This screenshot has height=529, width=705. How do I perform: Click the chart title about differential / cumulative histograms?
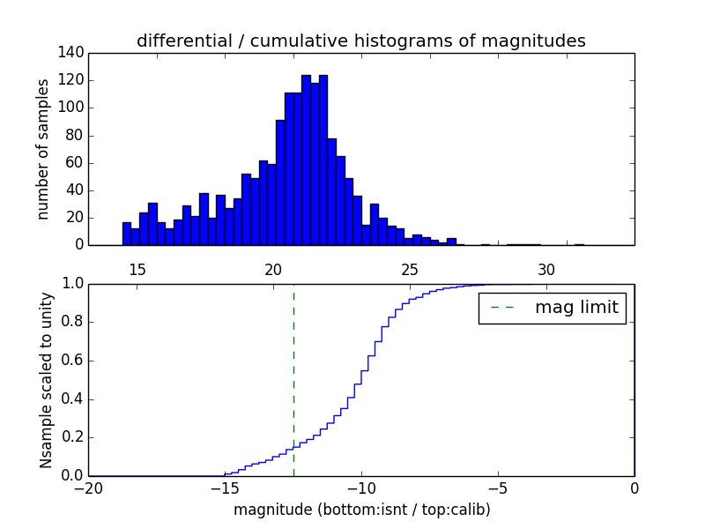click(x=360, y=41)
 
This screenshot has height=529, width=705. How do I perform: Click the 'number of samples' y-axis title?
click(x=43, y=149)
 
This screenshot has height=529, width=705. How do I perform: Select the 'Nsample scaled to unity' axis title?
click(x=46, y=379)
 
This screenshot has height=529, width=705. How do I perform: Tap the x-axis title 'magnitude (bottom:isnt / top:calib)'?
click(x=361, y=510)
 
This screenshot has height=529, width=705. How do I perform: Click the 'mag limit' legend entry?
click(x=575, y=309)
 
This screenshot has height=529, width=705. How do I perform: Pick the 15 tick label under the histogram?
click(x=137, y=270)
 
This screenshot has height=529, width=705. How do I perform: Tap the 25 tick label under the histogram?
click(x=410, y=270)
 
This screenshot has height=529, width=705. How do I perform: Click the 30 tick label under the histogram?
click(x=546, y=270)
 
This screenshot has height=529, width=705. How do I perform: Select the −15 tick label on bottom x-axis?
click(x=225, y=488)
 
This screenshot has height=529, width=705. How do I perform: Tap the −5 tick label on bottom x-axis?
click(x=498, y=488)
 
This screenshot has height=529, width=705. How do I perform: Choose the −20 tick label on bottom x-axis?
click(x=88, y=488)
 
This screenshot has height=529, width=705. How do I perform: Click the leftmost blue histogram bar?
click(x=126, y=234)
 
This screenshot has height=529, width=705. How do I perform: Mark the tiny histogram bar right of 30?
click(x=579, y=244)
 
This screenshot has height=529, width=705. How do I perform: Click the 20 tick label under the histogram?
click(x=273, y=270)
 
